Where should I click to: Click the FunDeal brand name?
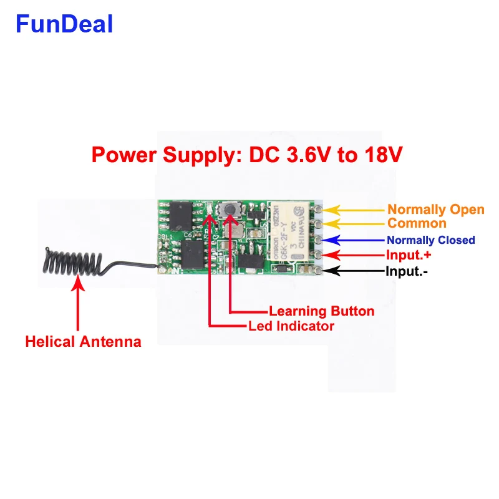pos(64,24)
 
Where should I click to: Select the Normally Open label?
pos(435,210)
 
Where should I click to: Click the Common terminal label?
pos(417,223)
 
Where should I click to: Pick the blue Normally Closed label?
pos(430,240)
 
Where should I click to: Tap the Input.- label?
pos(406,271)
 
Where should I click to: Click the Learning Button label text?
pos(321,311)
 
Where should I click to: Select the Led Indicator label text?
pos(291,326)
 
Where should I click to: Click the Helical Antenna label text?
pos(83,342)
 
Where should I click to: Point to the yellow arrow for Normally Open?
pos(354,210)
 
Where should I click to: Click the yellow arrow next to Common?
pos(354,223)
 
